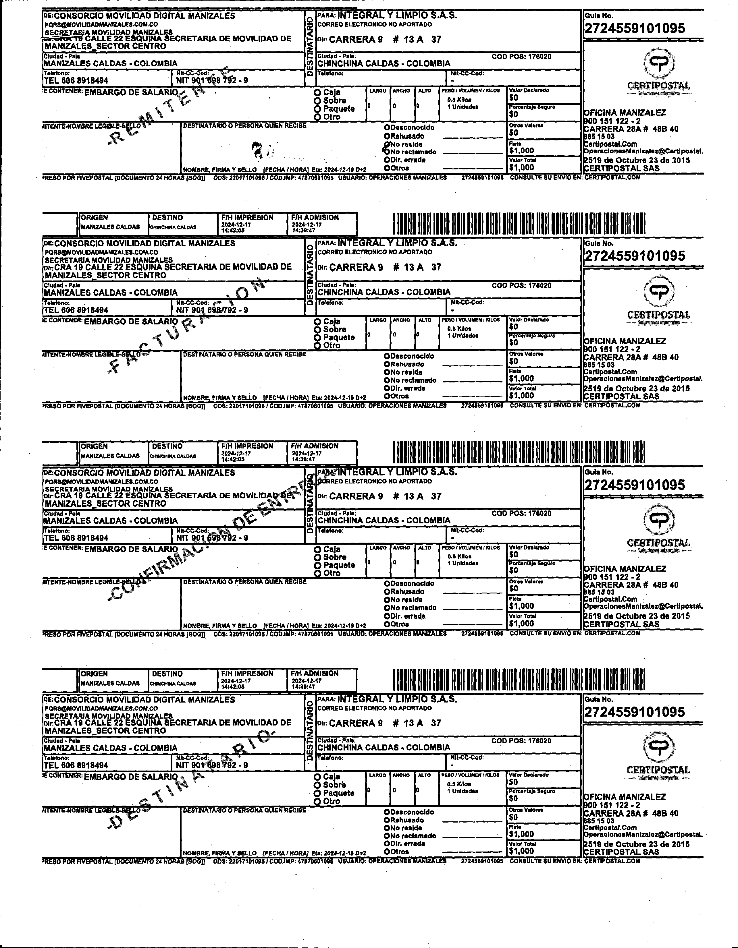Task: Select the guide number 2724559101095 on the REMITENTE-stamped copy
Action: tap(635, 29)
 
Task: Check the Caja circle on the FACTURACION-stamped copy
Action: tap(317, 322)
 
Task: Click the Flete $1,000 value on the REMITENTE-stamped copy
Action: tap(522, 151)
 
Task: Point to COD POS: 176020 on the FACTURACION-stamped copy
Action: tap(521, 286)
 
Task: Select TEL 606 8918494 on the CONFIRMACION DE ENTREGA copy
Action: tap(76, 538)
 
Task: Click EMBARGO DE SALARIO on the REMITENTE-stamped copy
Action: tap(131, 92)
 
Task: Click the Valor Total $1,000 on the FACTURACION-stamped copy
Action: tap(522, 395)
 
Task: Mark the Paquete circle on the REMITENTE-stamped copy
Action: tap(317, 109)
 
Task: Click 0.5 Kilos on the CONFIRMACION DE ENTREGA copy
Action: tap(459, 556)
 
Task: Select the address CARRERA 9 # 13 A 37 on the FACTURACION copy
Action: tap(385, 267)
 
